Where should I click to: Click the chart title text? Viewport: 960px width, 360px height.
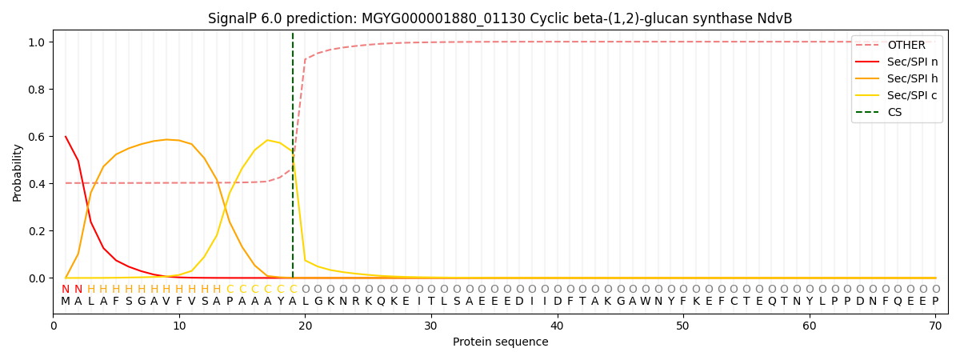tap(500, 18)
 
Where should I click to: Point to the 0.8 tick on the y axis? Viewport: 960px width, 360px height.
tap(38, 90)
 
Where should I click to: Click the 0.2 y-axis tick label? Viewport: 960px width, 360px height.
tap(38, 231)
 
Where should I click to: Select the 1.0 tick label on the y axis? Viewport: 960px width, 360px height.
tap(38, 42)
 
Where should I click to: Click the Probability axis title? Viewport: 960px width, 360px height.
tap(18, 172)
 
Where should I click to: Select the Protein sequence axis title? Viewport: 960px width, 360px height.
tap(500, 342)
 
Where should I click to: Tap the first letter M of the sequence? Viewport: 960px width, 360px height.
tap(66, 302)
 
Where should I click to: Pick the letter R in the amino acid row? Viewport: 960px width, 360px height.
tap(355, 302)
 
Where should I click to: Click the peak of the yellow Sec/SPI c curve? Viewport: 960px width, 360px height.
tap(267, 140)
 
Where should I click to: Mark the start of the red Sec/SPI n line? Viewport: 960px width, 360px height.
tap(66, 137)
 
